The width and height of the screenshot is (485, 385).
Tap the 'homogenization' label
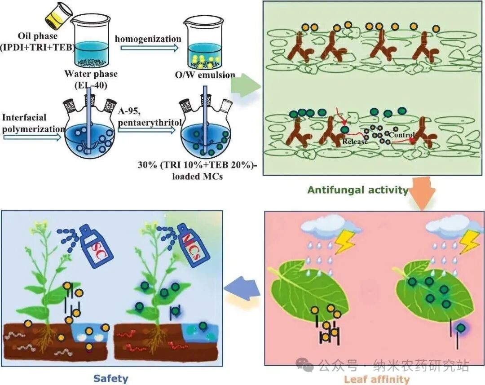pos(148,39)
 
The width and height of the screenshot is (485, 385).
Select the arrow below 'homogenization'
pos(147,49)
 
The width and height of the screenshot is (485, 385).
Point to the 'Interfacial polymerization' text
pos(31,123)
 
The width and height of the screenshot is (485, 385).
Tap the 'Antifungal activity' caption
pos(357,190)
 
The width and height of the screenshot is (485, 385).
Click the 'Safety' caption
pos(110,378)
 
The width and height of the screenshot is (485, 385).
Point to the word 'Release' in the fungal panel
pos(355,142)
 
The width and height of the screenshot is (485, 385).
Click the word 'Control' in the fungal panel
pos(401,135)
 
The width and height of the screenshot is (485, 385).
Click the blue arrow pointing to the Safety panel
pos(243,292)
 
